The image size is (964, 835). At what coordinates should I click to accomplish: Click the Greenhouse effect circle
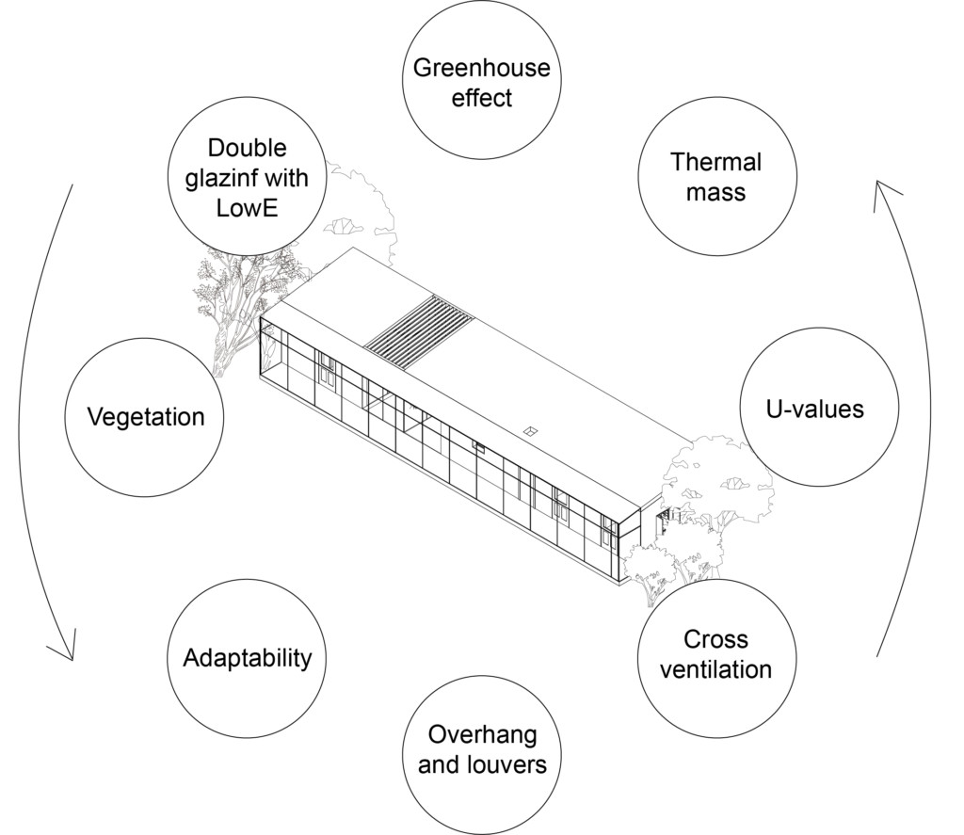pos(481,82)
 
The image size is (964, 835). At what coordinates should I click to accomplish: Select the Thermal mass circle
pos(716,176)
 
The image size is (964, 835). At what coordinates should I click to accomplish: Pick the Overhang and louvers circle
pos(481,749)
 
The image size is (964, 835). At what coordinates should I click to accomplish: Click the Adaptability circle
pos(247,657)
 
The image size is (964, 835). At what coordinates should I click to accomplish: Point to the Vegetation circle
pos(145,416)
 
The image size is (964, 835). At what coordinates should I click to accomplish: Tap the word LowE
pos(247,206)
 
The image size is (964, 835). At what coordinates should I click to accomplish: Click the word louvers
pos(508,764)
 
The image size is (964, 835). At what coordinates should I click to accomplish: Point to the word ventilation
pos(716,670)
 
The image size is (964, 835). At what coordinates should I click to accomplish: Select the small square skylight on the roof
pos(531,431)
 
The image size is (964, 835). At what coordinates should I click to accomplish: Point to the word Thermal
pos(716,162)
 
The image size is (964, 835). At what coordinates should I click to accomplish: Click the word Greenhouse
pos(481,68)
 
